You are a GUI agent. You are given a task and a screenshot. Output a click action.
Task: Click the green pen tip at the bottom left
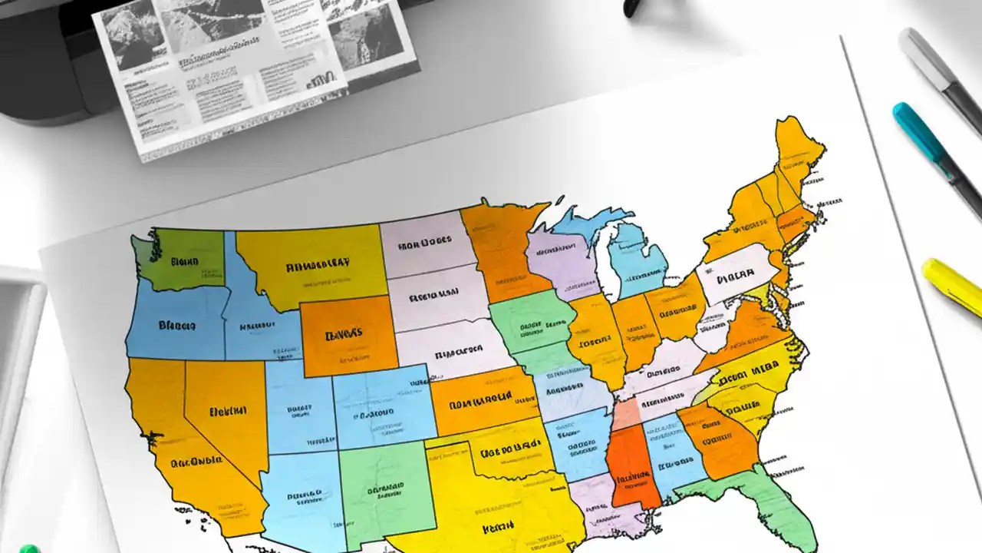(28, 548)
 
